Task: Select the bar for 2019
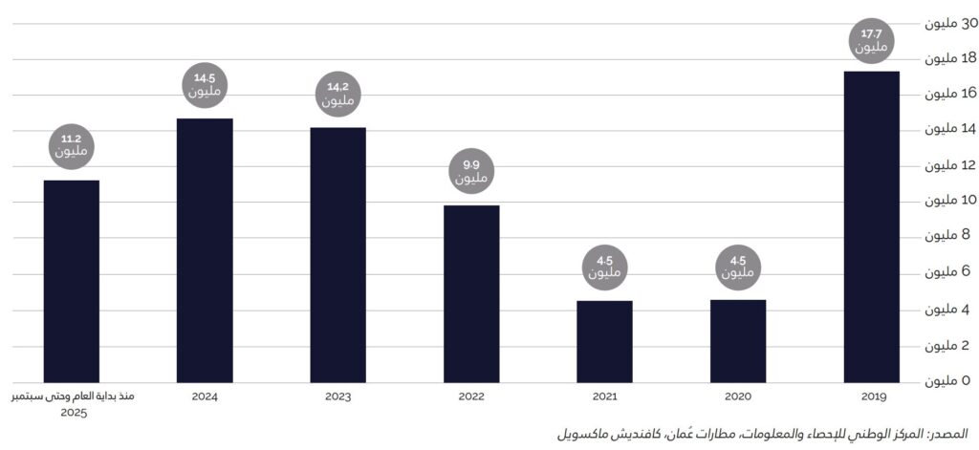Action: (x=871, y=226)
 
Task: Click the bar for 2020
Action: (x=738, y=341)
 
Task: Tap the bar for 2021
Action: (x=604, y=341)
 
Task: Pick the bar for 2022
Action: (x=471, y=293)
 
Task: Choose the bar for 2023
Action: (x=337, y=254)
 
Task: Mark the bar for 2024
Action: (x=205, y=250)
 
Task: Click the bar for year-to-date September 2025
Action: (x=72, y=281)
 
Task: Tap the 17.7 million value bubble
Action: (x=871, y=41)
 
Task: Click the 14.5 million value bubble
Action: (x=205, y=85)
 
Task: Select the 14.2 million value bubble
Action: (x=337, y=94)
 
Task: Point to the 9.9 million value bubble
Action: (x=471, y=172)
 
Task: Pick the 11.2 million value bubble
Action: (x=72, y=145)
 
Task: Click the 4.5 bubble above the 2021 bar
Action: (x=604, y=268)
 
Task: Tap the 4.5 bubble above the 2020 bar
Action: (x=738, y=268)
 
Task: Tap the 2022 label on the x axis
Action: (x=471, y=396)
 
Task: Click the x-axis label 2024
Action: (x=205, y=396)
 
